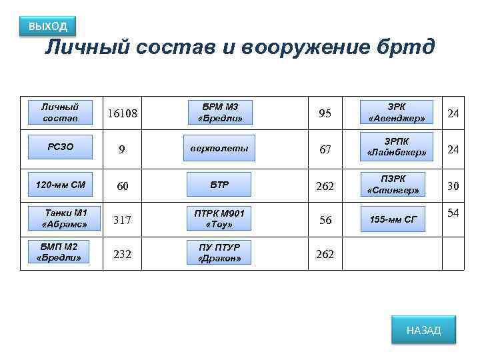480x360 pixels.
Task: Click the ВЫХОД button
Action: pos(48,27)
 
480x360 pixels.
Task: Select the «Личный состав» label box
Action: pos(60,113)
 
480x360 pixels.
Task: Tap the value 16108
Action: pos(123,114)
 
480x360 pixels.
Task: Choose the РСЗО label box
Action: pos(60,147)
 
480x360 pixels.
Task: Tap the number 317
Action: pos(121,220)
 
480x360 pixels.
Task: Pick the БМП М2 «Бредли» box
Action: pos(59,253)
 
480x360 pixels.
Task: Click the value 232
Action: pos(121,254)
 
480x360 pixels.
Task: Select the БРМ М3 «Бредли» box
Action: pos(220,113)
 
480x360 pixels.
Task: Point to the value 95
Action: pos(325,114)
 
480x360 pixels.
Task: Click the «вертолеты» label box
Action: pos(220,148)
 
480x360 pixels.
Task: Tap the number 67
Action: pos(325,150)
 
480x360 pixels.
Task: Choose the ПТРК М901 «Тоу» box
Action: pos(220,218)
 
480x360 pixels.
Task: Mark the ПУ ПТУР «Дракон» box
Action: pos(220,253)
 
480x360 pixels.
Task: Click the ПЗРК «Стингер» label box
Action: pos(393,184)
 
